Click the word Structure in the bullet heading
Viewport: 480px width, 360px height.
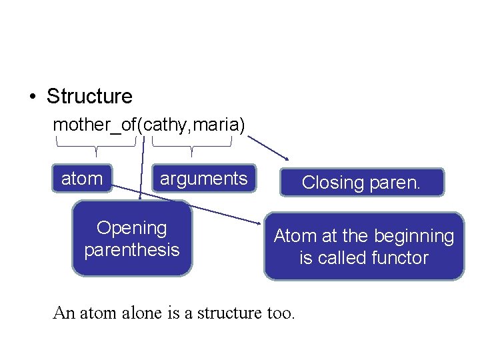pyautogui.click(x=89, y=96)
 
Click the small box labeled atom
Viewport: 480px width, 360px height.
pyautogui.click(x=82, y=179)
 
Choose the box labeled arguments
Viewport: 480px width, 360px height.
pyautogui.click(x=203, y=179)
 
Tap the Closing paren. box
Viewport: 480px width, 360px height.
pyautogui.click(x=361, y=182)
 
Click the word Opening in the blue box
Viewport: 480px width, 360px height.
pyautogui.click(x=132, y=228)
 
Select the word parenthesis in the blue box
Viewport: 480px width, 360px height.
pyautogui.click(x=132, y=250)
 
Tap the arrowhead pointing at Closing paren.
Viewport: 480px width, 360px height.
pyautogui.click(x=286, y=159)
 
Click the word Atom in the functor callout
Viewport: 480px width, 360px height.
pyautogui.click(x=291, y=236)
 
